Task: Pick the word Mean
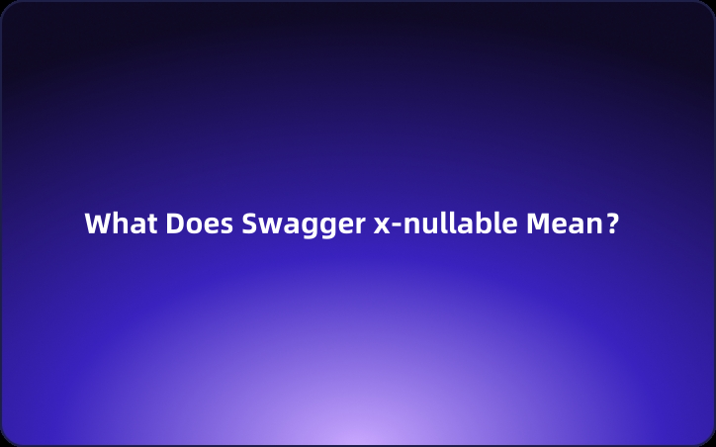563,223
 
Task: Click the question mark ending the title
612,223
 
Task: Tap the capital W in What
97,223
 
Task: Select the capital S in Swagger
249,223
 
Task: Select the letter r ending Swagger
359,225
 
